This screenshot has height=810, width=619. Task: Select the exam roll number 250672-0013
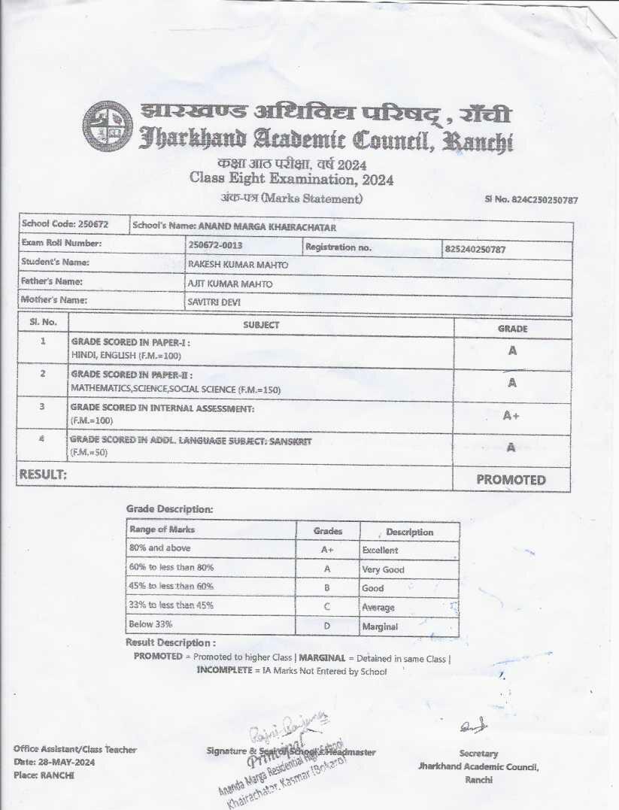(215, 245)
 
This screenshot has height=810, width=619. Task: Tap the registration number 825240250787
(475, 248)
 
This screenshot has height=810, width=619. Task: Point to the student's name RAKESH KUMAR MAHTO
(238, 265)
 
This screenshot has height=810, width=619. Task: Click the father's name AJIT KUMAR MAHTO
(230, 284)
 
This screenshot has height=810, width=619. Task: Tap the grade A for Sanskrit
(511, 447)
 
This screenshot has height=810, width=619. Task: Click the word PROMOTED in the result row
(511, 480)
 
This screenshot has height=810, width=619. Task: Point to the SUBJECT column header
(261, 325)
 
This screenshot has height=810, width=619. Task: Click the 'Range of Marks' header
(162, 529)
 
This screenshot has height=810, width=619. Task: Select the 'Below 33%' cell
(151, 624)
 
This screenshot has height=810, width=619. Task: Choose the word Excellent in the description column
(380, 551)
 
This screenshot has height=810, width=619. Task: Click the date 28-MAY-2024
(69, 762)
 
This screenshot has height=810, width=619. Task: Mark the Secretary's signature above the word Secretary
(475, 727)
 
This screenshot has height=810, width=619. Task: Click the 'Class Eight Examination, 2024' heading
(291, 180)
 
